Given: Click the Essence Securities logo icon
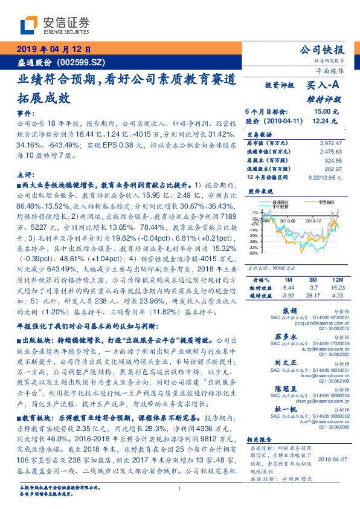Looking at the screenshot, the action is pyautogui.click(x=28, y=25).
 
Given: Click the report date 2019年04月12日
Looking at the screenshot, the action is pyautogui.click(x=53, y=50).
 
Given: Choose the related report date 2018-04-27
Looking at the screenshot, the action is pyautogui.click(x=333, y=459).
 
